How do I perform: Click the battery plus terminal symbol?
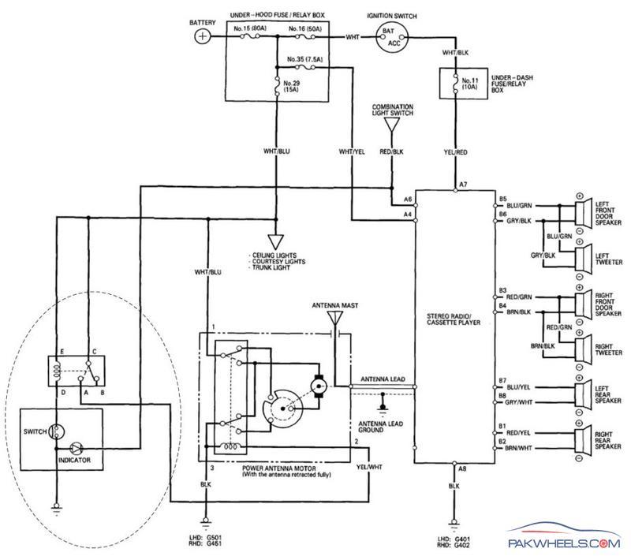203,36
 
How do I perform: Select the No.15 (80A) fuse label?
250,28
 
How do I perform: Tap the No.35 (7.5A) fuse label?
304,59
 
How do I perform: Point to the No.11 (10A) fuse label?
470,84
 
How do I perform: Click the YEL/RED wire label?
455,152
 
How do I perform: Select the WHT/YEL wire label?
352,151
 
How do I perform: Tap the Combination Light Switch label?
392,110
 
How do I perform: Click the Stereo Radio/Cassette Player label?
454,319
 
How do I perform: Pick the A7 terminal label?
463,185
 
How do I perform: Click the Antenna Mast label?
334,306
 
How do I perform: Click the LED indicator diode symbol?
76,448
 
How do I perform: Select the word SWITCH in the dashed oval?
35,431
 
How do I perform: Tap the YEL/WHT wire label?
369,467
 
